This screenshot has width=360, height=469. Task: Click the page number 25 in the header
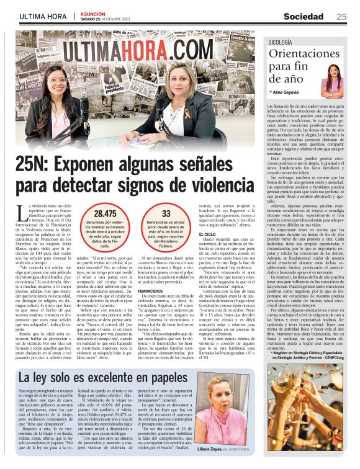pyautogui.click(x=341, y=17)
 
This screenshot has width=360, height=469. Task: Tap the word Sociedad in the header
pyautogui.click(x=304, y=17)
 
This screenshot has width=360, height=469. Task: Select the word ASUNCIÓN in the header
pyautogui.click(x=94, y=12)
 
